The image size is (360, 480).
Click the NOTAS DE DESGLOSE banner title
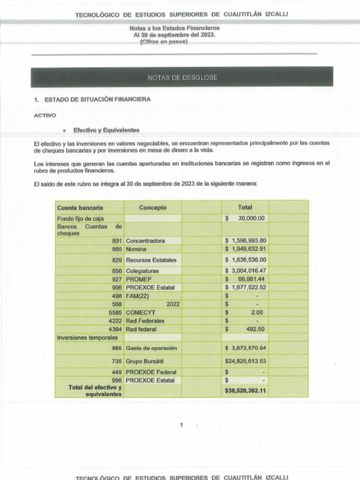[x=182, y=77]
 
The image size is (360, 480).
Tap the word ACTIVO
[x=45, y=115]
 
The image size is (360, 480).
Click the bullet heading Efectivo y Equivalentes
[x=106, y=130]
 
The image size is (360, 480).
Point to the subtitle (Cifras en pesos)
[x=164, y=42]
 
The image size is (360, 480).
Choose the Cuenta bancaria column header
[x=80, y=208]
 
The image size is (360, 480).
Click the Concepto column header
[x=152, y=208]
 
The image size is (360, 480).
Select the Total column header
[x=245, y=207]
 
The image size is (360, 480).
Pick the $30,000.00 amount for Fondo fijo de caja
[x=245, y=218]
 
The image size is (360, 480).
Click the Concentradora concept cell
[x=145, y=240]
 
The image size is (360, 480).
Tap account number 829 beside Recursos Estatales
[x=117, y=260]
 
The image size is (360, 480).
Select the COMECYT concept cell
[x=141, y=312]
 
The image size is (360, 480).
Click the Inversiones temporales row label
[x=87, y=337]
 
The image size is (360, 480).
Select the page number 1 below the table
[x=181, y=425]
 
